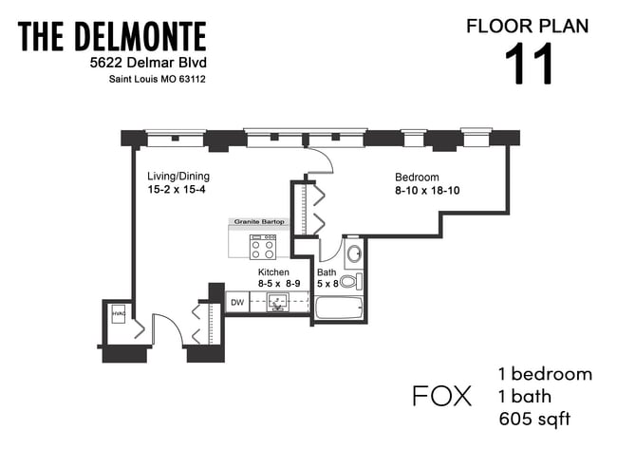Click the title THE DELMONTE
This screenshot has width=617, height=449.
(112, 37)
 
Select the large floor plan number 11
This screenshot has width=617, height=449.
(528, 65)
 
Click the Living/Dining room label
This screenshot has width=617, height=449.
(178, 177)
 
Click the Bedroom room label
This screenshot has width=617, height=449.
(417, 177)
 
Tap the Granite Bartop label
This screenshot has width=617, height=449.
(257, 222)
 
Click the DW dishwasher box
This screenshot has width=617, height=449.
(237, 303)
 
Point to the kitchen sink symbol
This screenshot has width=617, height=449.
(276, 303)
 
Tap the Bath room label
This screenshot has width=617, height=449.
(327, 271)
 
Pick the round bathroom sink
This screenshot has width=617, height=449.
(353, 254)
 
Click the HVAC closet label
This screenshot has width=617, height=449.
(119, 313)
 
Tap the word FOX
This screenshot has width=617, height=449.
(441, 396)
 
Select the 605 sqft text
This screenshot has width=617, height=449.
(534, 419)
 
